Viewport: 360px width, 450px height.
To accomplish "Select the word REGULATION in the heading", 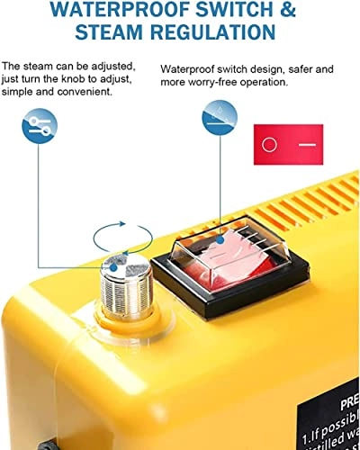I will (x=220, y=32).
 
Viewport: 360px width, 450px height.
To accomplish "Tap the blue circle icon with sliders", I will (x=39, y=127).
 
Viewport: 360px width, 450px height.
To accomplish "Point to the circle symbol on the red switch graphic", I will (x=269, y=144).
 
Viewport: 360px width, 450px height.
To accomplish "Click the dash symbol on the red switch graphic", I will (x=308, y=144).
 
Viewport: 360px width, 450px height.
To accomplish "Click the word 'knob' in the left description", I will (x=80, y=79).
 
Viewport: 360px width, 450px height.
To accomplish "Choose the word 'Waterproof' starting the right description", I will (x=185, y=68).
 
